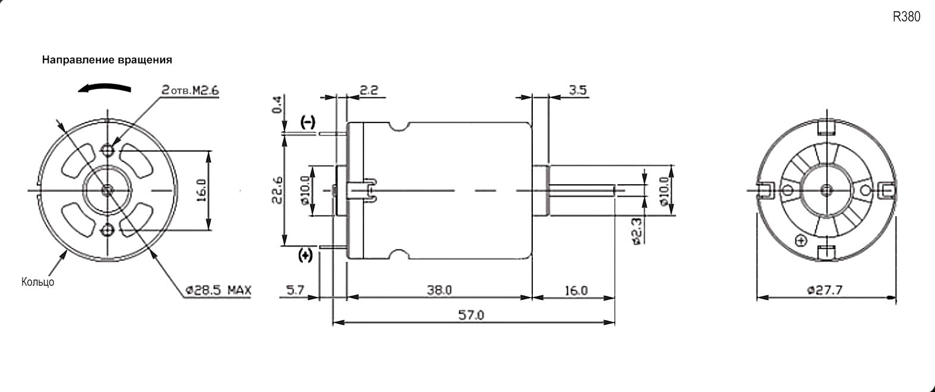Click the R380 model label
click(906, 17)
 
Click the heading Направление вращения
click(107, 60)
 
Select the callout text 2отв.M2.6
click(190, 90)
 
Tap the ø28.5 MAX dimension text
click(218, 290)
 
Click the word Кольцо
click(38, 282)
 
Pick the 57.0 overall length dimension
click(472, 315)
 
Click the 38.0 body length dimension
click(440, 290)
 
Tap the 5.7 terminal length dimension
click(295, 290)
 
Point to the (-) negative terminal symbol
click(308, 123)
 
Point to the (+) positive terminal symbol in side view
click(305, 255)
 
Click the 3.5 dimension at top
click(577, 90)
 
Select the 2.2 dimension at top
click(369, 90)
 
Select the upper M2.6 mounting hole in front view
click(108, 148)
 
